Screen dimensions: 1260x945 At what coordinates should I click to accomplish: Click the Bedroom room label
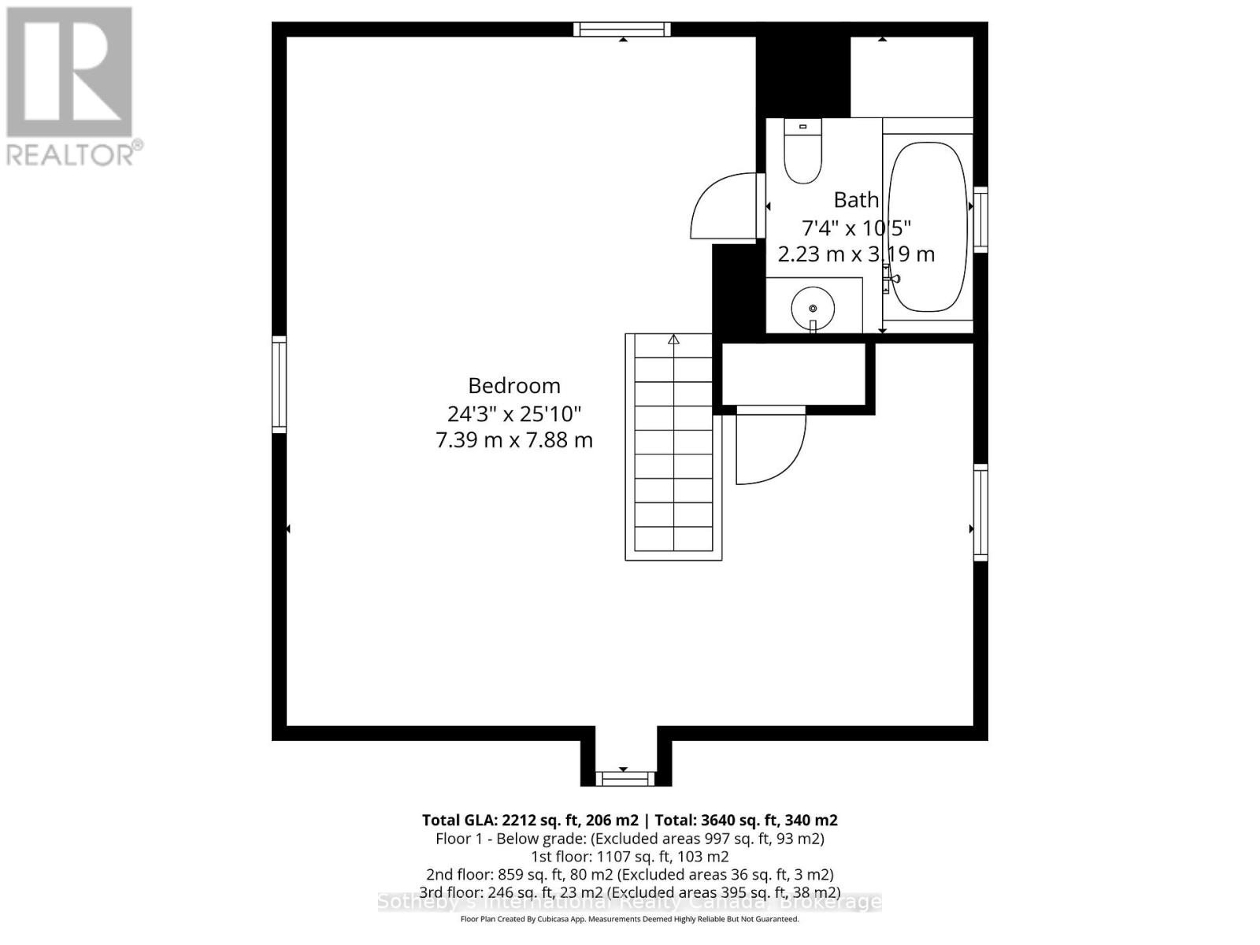click(x=514, y=386)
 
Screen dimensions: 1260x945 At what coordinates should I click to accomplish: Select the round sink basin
click(x=812, y=306)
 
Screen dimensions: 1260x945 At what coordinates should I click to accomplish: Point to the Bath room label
click(x=856, y=200)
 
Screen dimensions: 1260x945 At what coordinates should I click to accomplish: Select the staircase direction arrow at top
click(x=673, y=340)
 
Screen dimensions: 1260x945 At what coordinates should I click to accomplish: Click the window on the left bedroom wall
click(x=280, y=384)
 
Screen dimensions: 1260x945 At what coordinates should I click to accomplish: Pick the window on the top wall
click(x=622, y=29)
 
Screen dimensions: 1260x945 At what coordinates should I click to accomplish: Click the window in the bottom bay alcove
click(x=624, y=779)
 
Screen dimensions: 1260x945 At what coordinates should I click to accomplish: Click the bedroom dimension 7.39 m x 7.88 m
click(x=514, y=440)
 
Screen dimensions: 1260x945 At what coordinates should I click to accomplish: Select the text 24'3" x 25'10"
click(x=514, y=413)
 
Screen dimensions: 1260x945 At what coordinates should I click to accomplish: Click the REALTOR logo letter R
click(x=69, y=72)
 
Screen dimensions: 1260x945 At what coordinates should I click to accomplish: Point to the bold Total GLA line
click(x=629, y=821)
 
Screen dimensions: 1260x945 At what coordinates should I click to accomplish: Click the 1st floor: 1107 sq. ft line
click(x=629, y=857)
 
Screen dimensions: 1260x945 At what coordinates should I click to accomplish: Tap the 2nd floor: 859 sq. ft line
click(x=629, y=874)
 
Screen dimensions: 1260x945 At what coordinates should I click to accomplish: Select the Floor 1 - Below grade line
click(x=629, y=839)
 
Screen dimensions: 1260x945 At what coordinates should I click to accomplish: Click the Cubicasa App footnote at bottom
click(x=629, y=920)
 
